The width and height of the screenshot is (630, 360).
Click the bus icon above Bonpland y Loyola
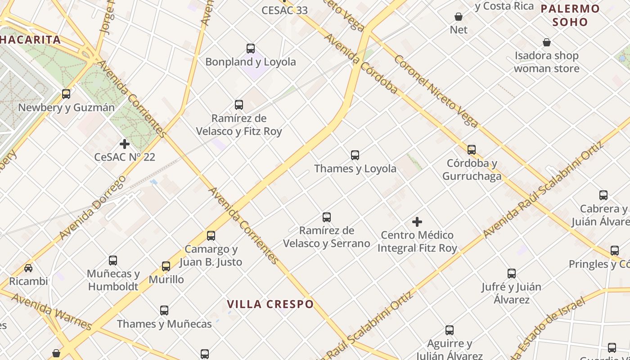pos(251,49)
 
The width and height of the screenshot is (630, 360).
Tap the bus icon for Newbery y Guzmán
pos(66,94)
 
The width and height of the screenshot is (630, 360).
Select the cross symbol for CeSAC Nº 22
pos(125,144)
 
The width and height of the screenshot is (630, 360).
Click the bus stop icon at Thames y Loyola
pos(355,155)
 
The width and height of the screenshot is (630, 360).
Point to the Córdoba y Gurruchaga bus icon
pos(472,150)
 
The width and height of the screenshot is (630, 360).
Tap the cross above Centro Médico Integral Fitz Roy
pos(417,222)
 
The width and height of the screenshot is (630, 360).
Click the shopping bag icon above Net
pos(459,17)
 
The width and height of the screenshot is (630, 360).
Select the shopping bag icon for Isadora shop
pos(547,42)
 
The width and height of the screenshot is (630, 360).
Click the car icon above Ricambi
pos(28,268)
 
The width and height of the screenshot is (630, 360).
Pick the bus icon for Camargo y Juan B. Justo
pos(211,236)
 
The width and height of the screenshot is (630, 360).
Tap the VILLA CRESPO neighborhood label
pos(270,304)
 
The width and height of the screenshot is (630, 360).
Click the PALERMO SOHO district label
pos(570,15)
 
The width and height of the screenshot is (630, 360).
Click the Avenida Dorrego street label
pos(92,207)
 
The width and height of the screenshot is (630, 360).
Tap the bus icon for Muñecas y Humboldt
pos(113,261)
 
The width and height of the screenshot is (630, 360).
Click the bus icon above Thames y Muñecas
pos(164,310)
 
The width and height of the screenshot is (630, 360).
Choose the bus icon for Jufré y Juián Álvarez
pos(512,274)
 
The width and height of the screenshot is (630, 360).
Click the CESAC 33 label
pos(284,10)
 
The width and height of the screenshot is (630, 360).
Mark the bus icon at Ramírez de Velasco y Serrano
pos(327,217)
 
